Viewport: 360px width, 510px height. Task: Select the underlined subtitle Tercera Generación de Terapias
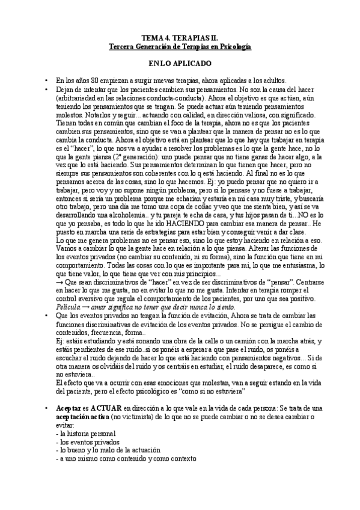click(x=179, y=46)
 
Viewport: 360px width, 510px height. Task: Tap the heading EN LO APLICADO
click(x=179, y=63)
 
